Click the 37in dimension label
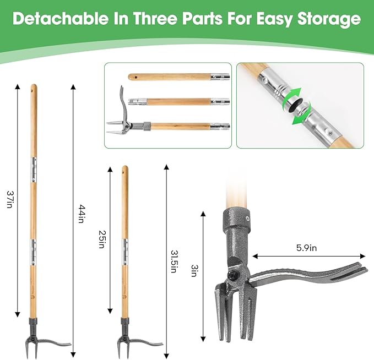(x=9, y=199)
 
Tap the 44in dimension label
(x=81, y=214)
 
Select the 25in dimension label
(x=102, y=239)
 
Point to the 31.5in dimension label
(x=174, y=261)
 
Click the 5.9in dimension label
(x=306, y=248)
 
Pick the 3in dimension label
(x=194, y=271)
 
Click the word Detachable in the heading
(x=61, y=19)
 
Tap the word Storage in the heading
(x=329, y=19)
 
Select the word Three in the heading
(x=156, y=19)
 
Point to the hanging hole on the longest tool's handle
(x=34, y=90)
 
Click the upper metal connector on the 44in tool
(x=34, y=170)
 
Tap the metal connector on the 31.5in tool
(x=124, y=252)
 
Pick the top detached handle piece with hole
(x=179, y=77)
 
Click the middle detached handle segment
(x=179, y=102)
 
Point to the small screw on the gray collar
(x=248, y=217)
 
